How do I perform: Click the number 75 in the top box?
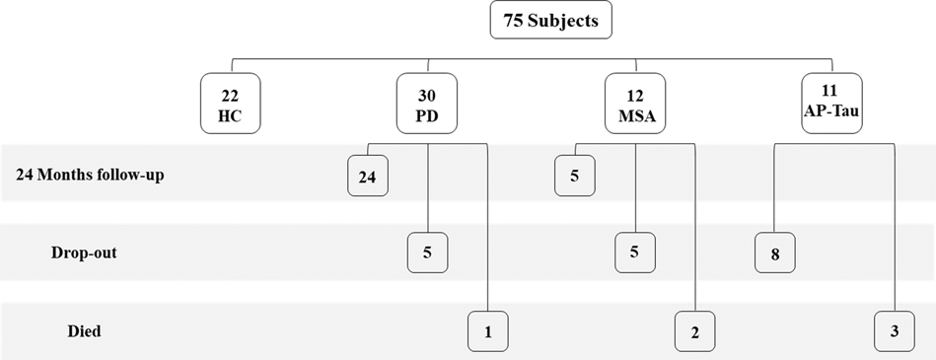pos(515,21)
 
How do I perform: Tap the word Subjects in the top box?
pos(562,21)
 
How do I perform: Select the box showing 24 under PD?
pos(368,178)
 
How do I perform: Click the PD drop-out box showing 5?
pos(427,252)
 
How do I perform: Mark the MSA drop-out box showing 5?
pos(634,252)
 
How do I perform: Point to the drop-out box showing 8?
pos(775,254)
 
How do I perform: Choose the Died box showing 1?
pos(487,332)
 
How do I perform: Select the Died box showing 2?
pos(694,332)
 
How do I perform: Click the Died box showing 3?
pos(894,331)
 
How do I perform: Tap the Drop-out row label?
pos(83,252)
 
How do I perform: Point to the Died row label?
pos(83,331)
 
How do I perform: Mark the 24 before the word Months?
pos(25,174)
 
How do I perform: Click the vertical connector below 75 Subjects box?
pos(550,46)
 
